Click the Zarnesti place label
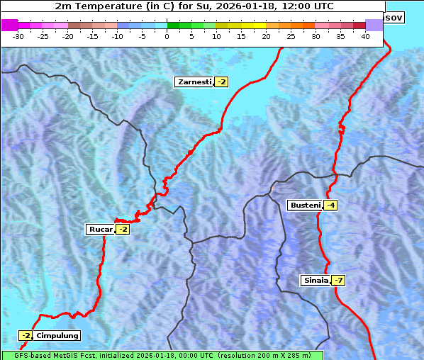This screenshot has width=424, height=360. click(x=194, y=82)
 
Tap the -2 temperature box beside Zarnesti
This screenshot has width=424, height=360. click(x=222, y=82)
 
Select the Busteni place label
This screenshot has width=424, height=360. click(x=305, y=206)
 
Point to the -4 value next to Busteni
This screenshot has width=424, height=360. click(x=331, y=206)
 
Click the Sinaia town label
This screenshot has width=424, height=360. click(x=316, y=280)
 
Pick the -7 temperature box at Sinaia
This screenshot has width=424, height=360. click(x=339, y=280)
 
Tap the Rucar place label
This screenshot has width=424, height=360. click(x=100, y=229)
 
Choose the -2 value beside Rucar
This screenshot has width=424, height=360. click(x=123, y=229)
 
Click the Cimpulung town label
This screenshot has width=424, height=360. click(x=57, y=335)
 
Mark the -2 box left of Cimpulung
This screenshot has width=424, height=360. click(x=26, y=335)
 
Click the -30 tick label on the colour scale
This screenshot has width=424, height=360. click(x=18, y=36)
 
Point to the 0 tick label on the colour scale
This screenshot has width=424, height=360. click(x=167, y=36)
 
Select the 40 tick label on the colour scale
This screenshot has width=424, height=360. click(x=365, y=36)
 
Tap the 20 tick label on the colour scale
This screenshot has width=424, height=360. click(x=266, y=36)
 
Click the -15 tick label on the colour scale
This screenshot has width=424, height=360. click(x=93, y=36)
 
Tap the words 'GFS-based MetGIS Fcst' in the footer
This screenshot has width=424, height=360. click(x=50, y=355)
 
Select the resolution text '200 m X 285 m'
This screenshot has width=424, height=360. click(x=280, y=355)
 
